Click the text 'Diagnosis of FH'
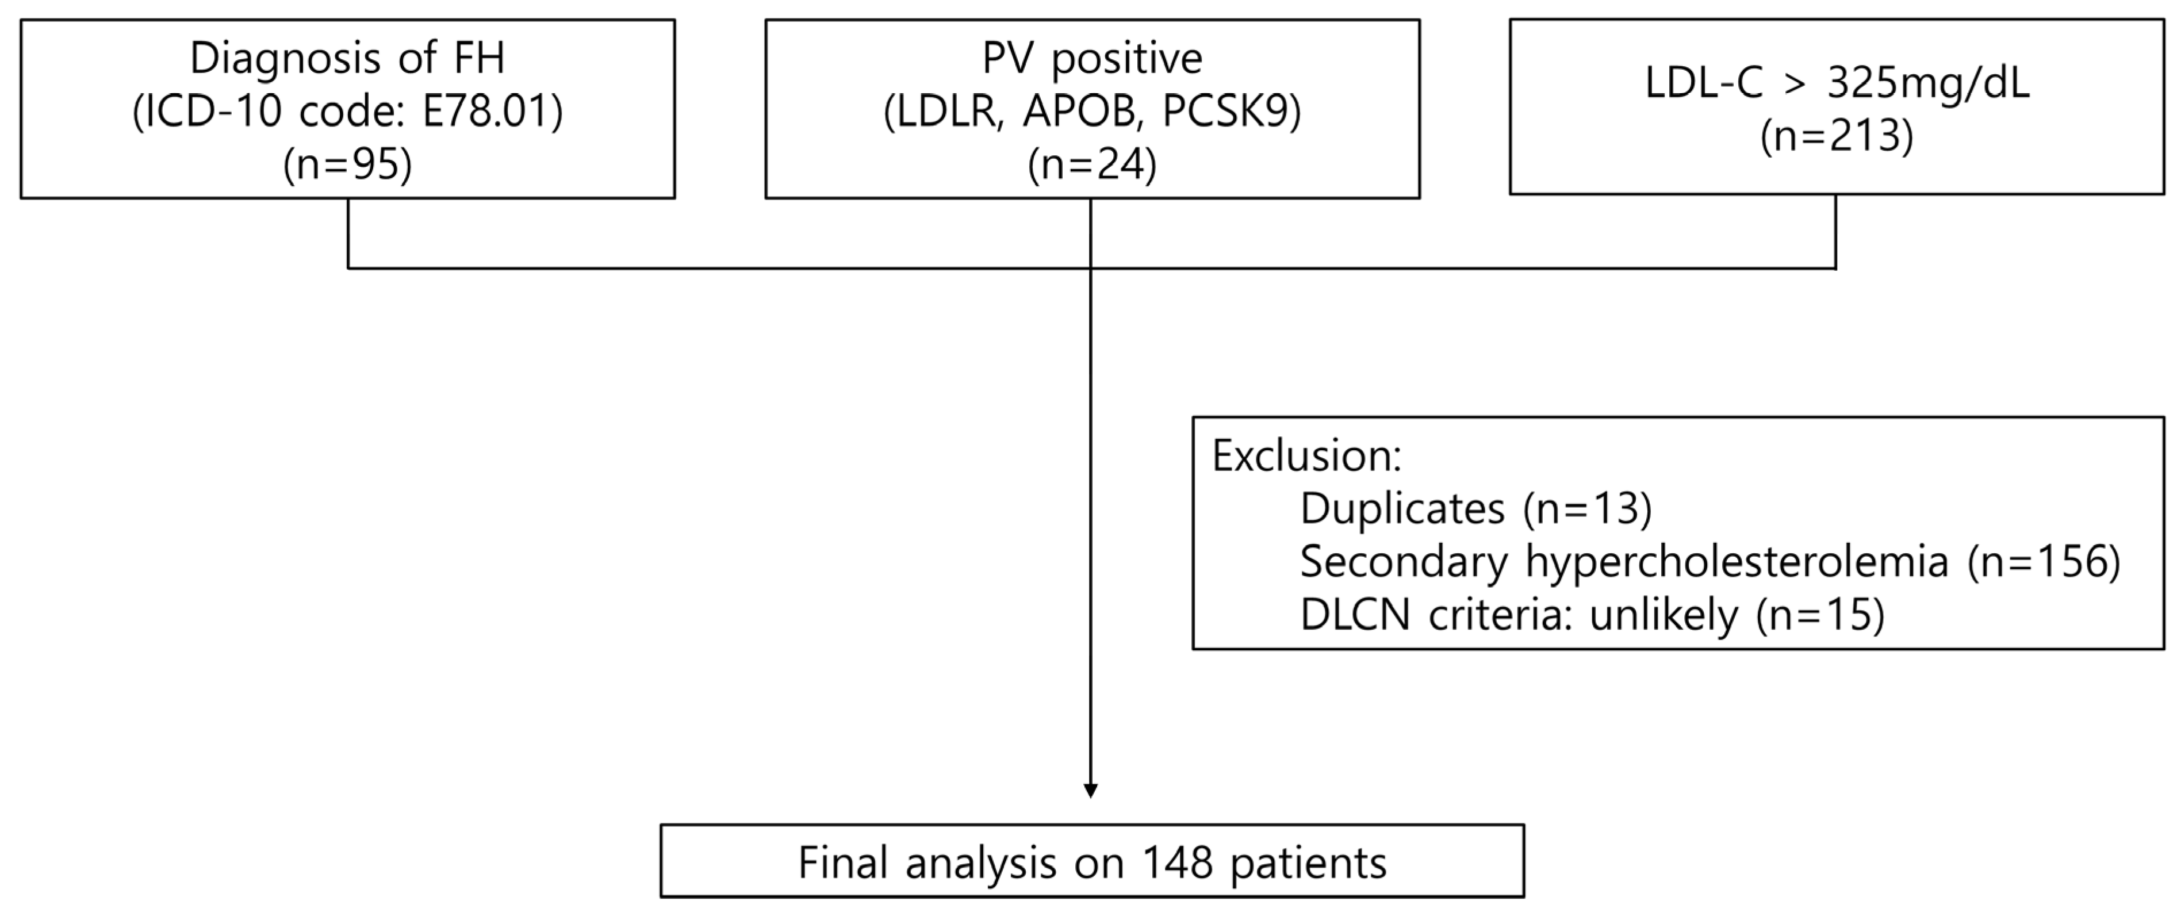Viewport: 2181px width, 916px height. (x=347, y=59)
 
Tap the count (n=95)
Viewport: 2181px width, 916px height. (x=347, y=164)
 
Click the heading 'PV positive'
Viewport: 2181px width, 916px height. (x=1092, y=59)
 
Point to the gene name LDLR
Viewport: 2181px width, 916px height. (x=946, y=112)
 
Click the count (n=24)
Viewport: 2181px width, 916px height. (x=1092, y=164)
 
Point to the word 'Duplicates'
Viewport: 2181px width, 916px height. (x=1402, y=509)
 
